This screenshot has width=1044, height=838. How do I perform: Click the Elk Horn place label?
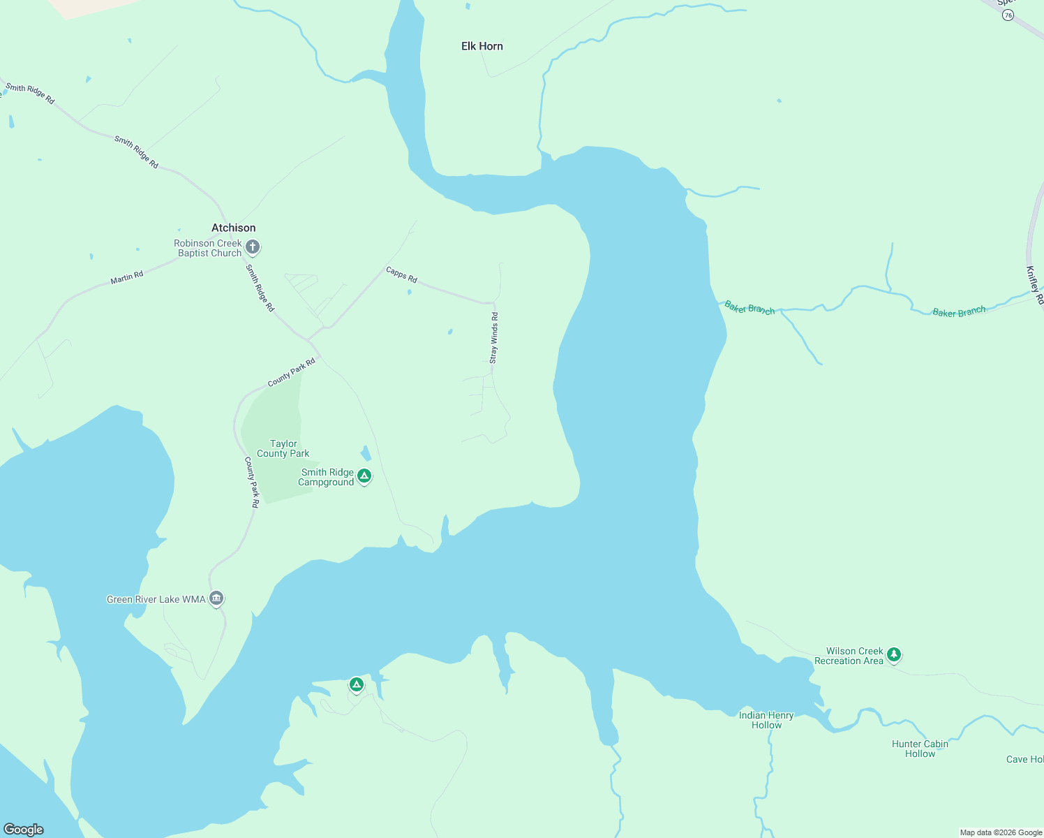[482, 46]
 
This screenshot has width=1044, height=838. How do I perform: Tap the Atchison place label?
[233, 228]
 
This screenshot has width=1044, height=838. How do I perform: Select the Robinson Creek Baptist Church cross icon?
[253, 247]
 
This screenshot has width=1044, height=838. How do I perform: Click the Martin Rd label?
[126, 278]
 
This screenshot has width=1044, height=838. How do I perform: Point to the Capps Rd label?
[401, 274]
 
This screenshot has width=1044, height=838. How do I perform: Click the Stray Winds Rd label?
[493, 338]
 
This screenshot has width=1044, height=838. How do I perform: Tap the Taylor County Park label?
[283, 448]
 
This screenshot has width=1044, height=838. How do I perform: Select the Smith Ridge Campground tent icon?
[364, 476]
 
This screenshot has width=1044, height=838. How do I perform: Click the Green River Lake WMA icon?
[216, 598]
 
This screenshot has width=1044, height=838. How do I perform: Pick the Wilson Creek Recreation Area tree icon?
[894, 654]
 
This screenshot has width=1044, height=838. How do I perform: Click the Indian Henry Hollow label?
[766, 720]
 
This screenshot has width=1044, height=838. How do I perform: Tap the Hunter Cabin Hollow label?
[920, 749]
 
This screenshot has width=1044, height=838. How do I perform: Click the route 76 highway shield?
[1008, 15]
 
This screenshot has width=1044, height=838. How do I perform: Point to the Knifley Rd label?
[1034, 285]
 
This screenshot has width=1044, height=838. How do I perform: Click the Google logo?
[23, 829]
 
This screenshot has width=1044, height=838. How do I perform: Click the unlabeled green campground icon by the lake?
[357, 684]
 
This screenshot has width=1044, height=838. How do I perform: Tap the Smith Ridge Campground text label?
[327, 477]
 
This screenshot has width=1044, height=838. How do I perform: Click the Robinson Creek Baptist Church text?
[209, 248]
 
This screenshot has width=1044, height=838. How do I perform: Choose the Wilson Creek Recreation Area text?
[849, 656]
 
